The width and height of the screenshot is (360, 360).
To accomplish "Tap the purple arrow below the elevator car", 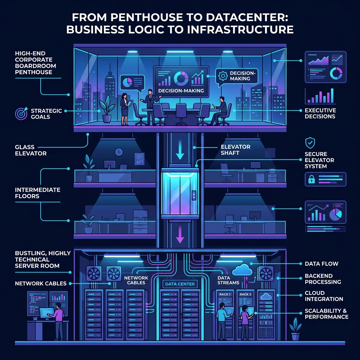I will [180, 234].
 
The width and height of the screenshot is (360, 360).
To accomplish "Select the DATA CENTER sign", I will [179, 284].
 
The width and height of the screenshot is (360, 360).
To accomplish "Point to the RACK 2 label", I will [245, 294].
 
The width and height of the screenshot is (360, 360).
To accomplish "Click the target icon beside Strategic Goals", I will [21, 114].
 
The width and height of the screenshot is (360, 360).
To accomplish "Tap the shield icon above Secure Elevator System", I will [310, 143].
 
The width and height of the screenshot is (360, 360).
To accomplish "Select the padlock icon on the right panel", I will [311, 179].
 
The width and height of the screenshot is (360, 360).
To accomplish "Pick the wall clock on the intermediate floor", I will [118, 152].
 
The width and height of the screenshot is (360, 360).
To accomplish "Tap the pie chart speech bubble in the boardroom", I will [132, 82].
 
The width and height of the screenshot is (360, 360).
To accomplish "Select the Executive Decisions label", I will [320, 113].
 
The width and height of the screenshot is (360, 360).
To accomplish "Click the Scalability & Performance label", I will [326, 314].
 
